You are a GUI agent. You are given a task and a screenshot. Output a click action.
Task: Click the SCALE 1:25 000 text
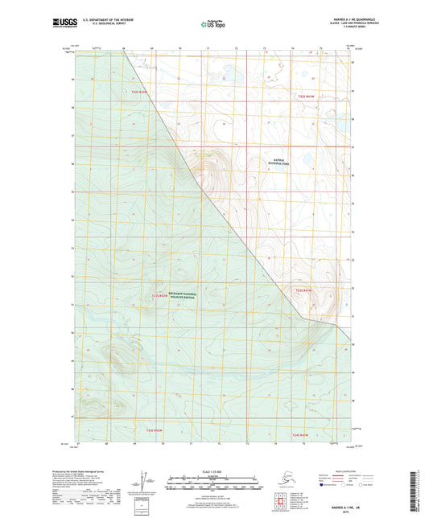tap(214, 471)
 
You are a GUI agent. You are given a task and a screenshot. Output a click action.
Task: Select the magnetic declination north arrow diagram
tap(144, 483)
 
